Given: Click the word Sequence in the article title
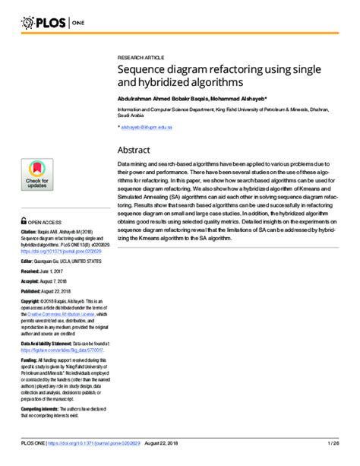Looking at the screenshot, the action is [x=144, y=69].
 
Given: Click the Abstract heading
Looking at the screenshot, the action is [x=134, y=150].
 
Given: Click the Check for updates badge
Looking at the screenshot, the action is [x=37, y=176].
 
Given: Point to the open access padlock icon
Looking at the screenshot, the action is [x=24, y=220].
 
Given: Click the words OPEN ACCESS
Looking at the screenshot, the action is [x=46, y=221].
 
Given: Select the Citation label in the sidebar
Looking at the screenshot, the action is [x=29, y=230].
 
